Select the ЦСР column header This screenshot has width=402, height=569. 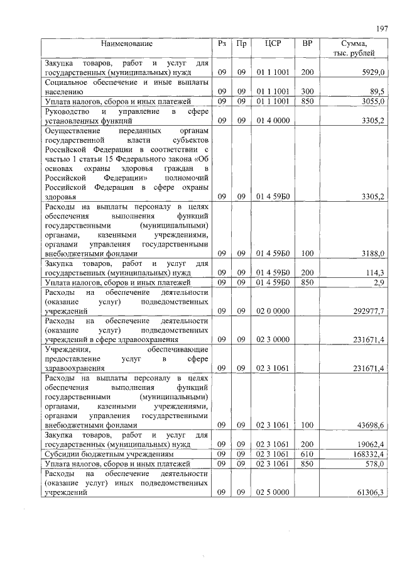pyautogui.click(x=272, y=44)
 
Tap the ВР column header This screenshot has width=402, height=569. pyautogui.click(x=307, y=44)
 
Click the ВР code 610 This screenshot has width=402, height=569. pyautogui.click(x=307, y=453)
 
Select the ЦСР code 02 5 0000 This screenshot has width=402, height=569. pyautogui.click(x=272, y=492)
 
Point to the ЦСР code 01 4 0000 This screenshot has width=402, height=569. pyautogui.click(x=272, y=119)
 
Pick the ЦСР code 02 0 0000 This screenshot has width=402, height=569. pyautogui.click(x=272, y=311)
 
